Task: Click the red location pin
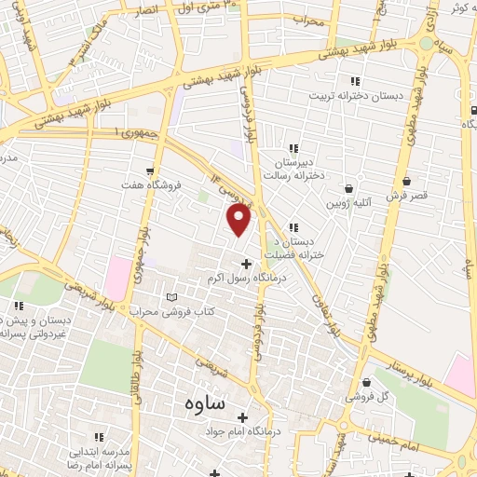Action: [239, 219]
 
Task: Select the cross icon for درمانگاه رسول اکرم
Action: [246, 263]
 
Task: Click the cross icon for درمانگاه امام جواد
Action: [243, 417]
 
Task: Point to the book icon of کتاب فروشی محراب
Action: [170, 297]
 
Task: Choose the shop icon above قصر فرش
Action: [405, 182]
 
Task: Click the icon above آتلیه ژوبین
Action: [349, 187]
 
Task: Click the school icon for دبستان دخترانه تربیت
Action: [353, 80]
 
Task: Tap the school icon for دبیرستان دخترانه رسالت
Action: [293, 148]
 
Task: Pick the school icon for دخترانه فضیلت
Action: [293, 226]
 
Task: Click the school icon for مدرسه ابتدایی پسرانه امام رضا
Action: [101, 435]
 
